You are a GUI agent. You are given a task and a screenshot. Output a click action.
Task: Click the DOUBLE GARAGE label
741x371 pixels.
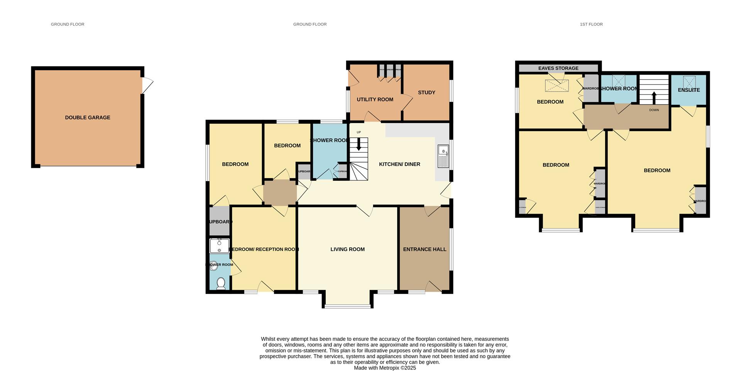tap(88, 118)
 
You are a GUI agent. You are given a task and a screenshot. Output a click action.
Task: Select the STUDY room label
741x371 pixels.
tap(426, 93)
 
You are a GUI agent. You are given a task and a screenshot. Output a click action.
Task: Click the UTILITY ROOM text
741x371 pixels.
tap(375, 99)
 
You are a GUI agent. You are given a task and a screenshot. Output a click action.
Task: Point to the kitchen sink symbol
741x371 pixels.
tap(443, 156)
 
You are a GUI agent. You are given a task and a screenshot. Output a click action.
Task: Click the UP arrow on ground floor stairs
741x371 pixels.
tap(359, 144)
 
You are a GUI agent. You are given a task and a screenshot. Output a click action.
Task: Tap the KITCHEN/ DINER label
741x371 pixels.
tap(399, 164)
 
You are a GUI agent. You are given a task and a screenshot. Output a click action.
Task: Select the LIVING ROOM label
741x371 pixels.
tap(347, 250)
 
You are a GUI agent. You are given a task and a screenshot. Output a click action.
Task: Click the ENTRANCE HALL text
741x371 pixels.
tap(425, 250)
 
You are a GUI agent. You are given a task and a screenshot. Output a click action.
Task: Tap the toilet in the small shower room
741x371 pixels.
tap(221, 283)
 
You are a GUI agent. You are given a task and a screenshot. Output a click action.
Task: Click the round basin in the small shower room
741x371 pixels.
tap(213, 265)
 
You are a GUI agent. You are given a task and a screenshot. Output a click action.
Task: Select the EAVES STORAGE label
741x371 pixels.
tap(558, 68)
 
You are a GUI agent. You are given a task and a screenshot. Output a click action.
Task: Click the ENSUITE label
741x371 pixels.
tap(689, 90)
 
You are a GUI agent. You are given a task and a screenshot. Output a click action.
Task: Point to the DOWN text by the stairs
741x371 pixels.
tap(654, 110)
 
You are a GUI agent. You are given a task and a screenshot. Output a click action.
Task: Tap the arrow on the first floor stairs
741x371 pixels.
tap(654, 98)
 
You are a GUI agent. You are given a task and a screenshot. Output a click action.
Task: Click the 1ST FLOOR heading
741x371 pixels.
tap(591, 24)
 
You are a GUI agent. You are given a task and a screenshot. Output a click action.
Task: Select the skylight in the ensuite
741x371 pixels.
tap(689, 81)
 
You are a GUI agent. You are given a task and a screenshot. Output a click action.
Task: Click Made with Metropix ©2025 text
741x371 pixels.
tap(385, 368)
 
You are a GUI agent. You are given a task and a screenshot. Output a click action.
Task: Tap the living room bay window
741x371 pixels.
tap(347, 307)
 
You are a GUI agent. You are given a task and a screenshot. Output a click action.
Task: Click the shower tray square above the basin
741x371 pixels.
tap(219, 246)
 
